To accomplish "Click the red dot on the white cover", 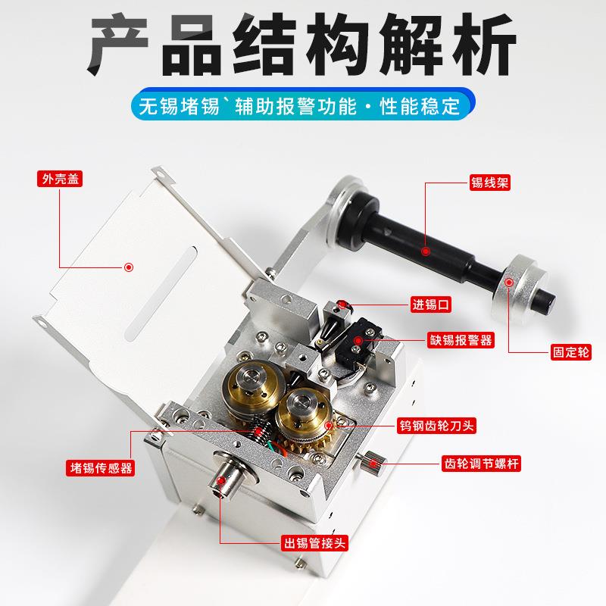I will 129,266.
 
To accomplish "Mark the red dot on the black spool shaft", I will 426,251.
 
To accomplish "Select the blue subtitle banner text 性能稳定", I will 426,106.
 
